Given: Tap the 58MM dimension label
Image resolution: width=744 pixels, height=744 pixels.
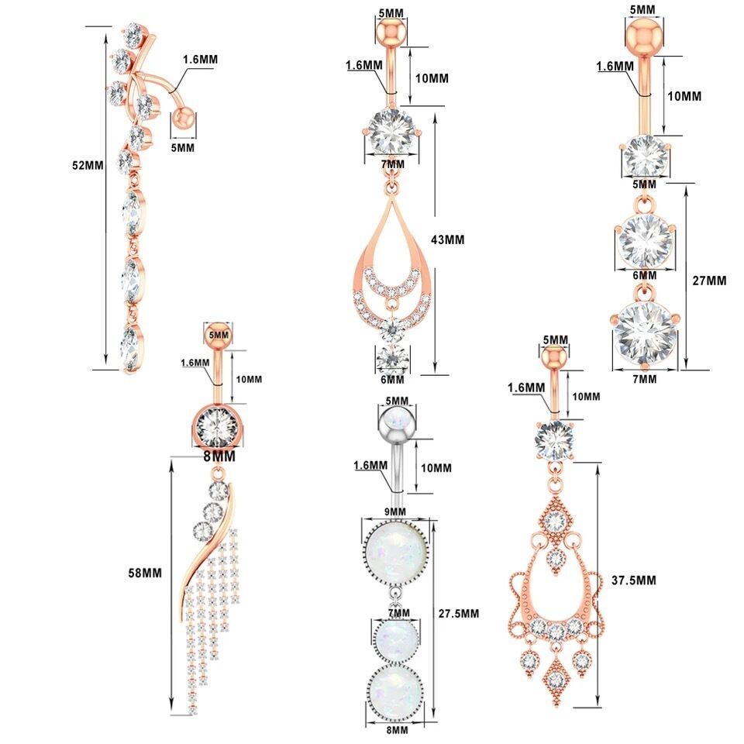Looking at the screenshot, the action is pyautogui.click(x=146, y=573).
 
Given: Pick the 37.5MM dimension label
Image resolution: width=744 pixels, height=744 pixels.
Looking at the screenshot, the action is pyautogui.click(x=634, y=580).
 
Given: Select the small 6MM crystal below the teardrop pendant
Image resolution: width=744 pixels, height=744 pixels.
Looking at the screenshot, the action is pyautogui.click(x=392, y=360).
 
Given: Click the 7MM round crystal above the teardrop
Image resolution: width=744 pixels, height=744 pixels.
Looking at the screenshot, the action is pyautogui.click(x=392, y=133).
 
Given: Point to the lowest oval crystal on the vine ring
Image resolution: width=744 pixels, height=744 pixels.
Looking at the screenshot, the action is pyautogui.click(x=132, y=346).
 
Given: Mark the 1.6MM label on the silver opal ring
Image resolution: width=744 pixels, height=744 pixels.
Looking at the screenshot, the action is pyautogui.click(x=370, y=465).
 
